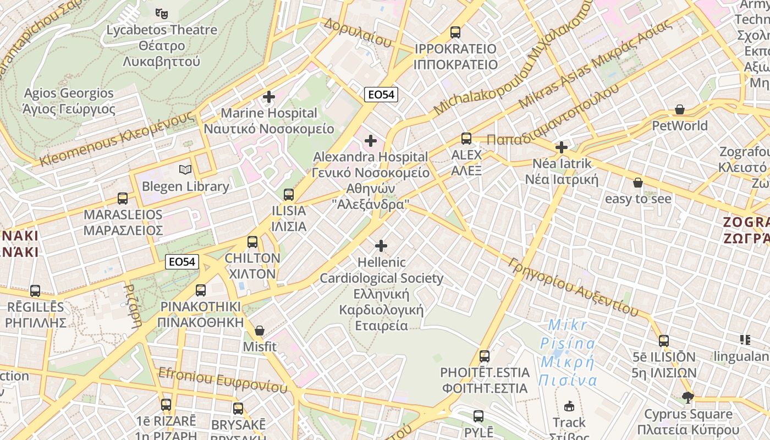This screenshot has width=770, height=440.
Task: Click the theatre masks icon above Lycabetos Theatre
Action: click(161, 13)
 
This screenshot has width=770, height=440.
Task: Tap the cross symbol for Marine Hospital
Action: click(269, 97)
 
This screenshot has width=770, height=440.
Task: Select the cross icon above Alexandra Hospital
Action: click(371, 141)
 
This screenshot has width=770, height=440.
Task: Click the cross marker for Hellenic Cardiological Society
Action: click(381, 246)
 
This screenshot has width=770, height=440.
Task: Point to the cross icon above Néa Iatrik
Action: click(561, 147)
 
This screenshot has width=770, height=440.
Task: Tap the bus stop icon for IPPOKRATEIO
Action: click(455, 32)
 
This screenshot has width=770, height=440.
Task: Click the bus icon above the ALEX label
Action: click(466, 139)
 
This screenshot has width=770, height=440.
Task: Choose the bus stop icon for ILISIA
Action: click(289, 195)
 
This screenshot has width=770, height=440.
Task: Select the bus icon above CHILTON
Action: click(252, 242)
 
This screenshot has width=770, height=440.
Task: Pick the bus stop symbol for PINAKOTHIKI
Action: click(201, 290)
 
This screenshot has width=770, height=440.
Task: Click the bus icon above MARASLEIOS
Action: click(123, 199)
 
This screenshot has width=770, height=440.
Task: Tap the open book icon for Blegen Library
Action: click(185, 170)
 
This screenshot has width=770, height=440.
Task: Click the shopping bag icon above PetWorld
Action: click(680, 109)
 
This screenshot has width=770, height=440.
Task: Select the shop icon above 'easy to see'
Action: click(638, 183)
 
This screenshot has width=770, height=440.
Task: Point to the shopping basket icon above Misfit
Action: click(260, 331)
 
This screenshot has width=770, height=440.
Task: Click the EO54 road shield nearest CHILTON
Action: click(182, 262)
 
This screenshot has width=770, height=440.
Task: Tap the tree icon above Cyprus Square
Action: click(687, 398)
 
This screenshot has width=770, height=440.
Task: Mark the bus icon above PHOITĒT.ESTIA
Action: click(485, 356)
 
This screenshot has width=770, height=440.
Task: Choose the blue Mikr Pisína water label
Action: click(568, 352)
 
